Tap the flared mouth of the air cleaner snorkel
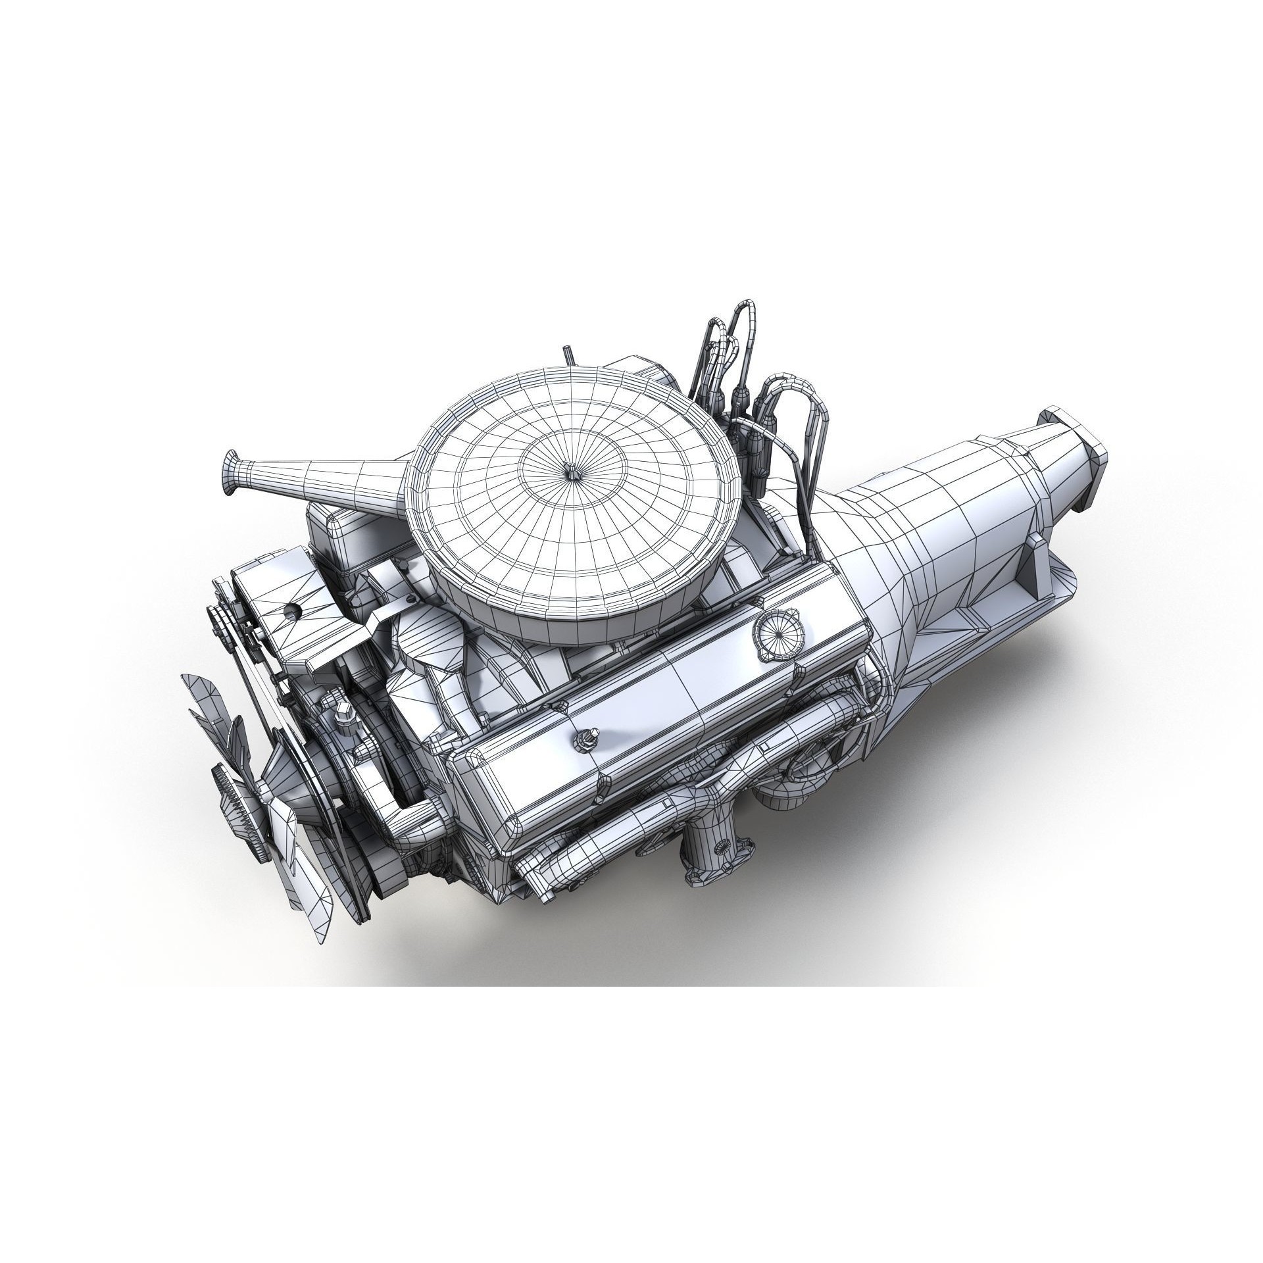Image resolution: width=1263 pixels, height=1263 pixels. click(232, 474)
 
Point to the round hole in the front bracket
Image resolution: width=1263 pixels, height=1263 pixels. click(290, 610)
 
